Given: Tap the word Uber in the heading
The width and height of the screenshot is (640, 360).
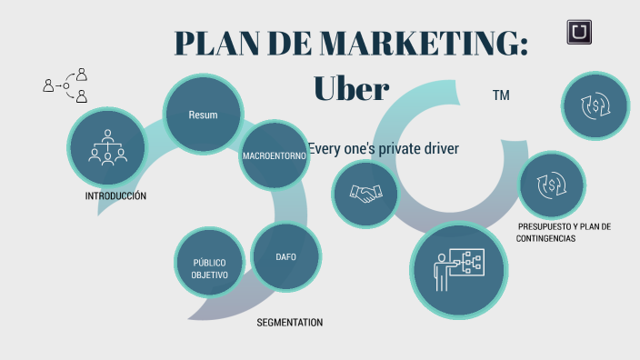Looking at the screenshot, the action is (351, 87).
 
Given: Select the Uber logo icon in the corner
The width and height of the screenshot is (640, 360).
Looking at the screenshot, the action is (580, 33).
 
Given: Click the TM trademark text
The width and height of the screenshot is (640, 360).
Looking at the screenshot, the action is (500, 95).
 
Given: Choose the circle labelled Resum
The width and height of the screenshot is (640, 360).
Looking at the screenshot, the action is (202, 115).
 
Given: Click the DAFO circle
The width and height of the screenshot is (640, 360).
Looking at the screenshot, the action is (285, 256).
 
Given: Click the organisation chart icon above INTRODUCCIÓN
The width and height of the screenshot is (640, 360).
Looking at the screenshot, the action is (107, 146).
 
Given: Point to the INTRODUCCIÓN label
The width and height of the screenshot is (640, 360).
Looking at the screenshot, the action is (115, 196).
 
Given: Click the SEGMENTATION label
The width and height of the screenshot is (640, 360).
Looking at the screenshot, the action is (289, 323).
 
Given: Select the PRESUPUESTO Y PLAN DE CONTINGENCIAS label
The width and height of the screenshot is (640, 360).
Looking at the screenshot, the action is (563, 232).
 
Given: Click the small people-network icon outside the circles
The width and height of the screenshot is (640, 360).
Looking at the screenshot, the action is (65, 85).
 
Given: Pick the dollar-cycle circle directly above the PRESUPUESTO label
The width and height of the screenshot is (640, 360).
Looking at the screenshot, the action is (550, 185).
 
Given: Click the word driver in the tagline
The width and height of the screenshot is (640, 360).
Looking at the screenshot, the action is (438, 148).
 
